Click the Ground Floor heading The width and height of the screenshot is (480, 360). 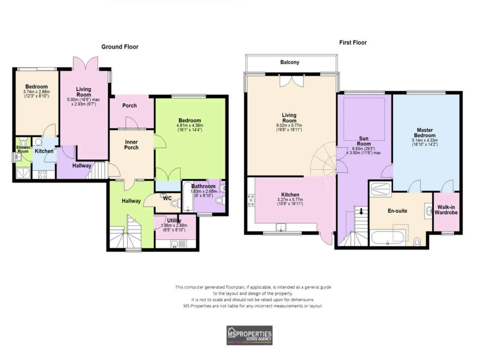(120, 47)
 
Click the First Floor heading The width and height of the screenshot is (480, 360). (353, 42)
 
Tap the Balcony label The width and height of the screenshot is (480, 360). (289, 62)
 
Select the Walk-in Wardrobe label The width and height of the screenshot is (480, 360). (446, 210)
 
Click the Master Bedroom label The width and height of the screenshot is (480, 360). (425, 132)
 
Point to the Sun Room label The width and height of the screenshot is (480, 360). (364, 141)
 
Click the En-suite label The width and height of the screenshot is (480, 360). (397, 211)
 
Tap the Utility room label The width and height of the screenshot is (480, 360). (174, 220)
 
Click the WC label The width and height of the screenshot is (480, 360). (167, 198)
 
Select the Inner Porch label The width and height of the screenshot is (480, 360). (131, 145)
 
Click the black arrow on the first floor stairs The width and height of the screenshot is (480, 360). (361, 211)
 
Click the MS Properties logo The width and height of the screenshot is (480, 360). (249, 335)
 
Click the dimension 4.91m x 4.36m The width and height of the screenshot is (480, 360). (189, 125)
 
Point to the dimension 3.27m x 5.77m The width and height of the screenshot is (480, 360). (290, 199)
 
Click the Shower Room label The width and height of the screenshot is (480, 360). (23, 149)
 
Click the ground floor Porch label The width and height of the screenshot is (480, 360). (129, 106)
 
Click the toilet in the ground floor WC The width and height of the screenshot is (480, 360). (174, 204)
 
